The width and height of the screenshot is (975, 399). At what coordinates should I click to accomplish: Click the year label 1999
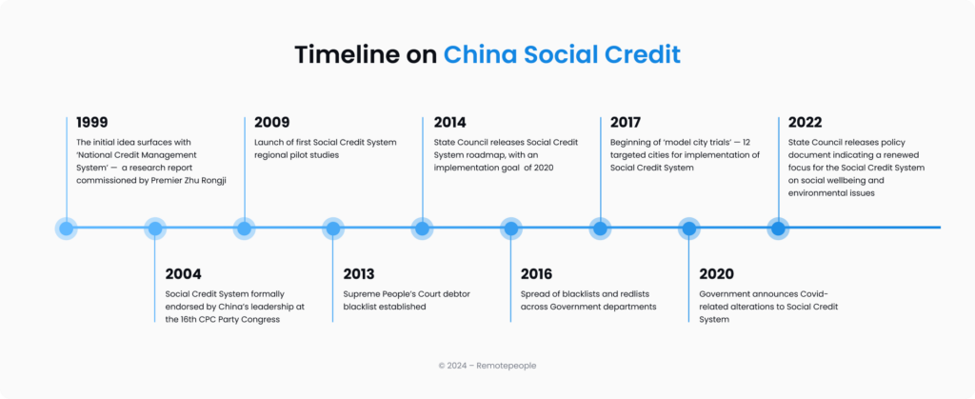pos(92,122)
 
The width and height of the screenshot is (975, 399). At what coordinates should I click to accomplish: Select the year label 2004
pos(184,274)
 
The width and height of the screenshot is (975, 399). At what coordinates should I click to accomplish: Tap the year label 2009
pos(272,122)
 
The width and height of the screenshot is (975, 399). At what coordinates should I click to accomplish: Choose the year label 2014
pos(449,122)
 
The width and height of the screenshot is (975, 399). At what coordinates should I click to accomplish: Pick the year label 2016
pos(538,274)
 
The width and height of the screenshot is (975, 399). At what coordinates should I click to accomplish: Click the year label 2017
pos(627,122)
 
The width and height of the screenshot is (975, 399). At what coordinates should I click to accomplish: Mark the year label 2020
pos(716,274)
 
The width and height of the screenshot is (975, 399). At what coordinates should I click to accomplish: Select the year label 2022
pos(806,122)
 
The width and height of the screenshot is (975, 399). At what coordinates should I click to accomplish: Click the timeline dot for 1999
pos(67,229)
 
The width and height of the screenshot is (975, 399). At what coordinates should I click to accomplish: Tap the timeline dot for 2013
pos(333,229)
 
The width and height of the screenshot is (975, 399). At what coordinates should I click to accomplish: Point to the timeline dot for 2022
pos(778,229)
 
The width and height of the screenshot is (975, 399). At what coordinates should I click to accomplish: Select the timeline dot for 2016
pos(511,229)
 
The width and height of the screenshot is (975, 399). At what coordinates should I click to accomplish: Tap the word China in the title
pos(478,54)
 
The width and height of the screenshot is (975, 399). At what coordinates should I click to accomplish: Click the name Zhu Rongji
pos(211,181)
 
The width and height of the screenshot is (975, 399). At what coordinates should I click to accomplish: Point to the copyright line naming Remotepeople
pos(487,365)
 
